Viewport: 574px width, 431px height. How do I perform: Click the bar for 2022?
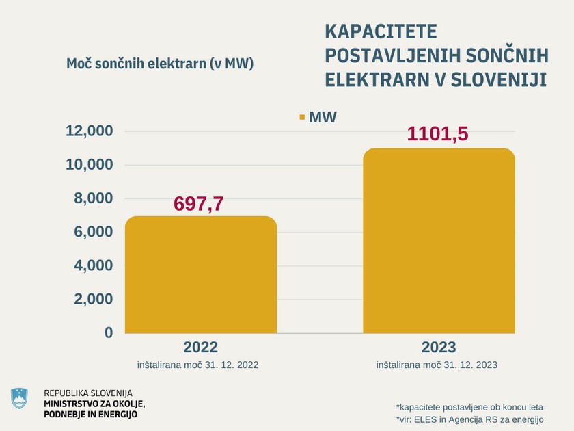(x=200, y=275)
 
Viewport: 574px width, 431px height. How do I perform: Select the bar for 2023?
(x=439, y=241)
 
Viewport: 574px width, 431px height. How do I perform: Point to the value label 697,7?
(x=199, y=203)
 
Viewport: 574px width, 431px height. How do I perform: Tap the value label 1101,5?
(x=437, y=133)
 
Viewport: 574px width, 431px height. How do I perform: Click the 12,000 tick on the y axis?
(x=89, y=131)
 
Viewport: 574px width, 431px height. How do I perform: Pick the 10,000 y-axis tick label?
(x=89, y=165)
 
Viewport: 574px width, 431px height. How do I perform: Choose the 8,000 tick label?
(x=93, y=198)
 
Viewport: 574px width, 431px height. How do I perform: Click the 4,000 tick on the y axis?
(x=93, y=265)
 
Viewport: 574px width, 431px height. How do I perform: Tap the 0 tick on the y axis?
(x=108, y=332)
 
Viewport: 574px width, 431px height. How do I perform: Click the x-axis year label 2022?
(x=200, y=347)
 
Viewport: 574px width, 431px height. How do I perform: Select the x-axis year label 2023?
(x=439, y=347)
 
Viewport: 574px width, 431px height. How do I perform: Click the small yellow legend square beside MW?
(x=301, y=118)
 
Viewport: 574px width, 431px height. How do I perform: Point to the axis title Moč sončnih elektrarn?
(x=160, y=64)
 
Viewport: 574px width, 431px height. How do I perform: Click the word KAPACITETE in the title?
(x=380, y=31)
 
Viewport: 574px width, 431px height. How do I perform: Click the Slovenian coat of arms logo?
(x=20, y=399)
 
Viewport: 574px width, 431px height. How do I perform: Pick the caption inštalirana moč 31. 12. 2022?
(x=200, y=365)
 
